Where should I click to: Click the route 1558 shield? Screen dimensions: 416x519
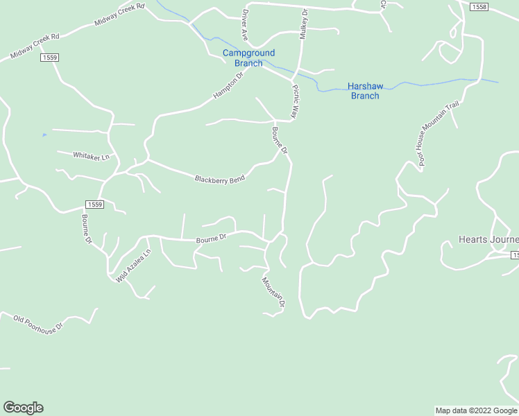(478, 7)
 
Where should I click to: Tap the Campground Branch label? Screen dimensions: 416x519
(248, 58)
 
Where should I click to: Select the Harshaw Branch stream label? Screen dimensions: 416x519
(364, 92)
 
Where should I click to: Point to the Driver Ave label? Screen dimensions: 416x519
(244, 24)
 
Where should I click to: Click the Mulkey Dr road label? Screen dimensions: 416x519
(303, 24)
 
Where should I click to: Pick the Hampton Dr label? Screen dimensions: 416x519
(229, 85)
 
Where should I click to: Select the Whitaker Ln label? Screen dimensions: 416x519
(92, 157)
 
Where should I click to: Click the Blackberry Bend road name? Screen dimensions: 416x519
(219, 180)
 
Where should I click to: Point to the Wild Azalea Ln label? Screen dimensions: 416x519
(133, 266)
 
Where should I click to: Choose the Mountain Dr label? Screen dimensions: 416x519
(273, 292)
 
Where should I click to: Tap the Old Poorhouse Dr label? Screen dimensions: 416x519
(37, 322)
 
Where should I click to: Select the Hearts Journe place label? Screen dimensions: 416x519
(488, 240)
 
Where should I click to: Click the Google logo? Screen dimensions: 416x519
(23, 408)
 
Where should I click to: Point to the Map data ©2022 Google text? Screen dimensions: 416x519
(475, 410)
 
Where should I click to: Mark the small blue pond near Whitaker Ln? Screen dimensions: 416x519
(44, 135)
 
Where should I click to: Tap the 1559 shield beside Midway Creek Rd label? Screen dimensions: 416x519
(49, 58)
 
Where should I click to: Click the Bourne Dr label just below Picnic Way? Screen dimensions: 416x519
(280, 140)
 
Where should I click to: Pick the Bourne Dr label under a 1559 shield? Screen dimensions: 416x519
(87, 229)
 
